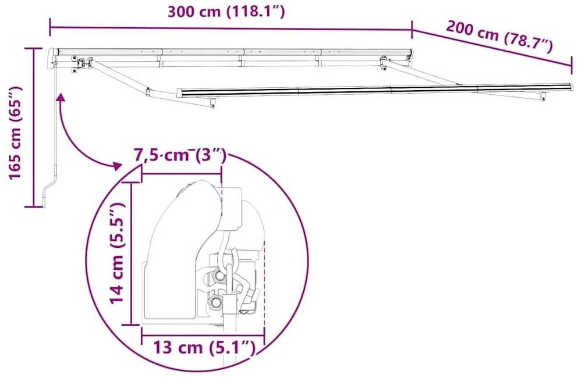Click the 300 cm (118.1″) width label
[x=226, y=12]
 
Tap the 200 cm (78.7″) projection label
[x=499, y=37]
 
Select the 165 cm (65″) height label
[x=16, y=133]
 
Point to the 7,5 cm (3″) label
[x=179, y=155]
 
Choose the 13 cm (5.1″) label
[x=204, y=347]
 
